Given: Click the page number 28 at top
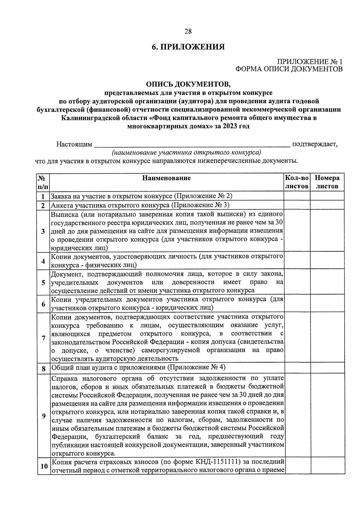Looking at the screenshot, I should (x=188, y=31).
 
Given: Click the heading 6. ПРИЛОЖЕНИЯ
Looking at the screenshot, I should (x=188, y=47).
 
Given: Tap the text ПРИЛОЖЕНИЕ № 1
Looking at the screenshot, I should (x=310, y=62).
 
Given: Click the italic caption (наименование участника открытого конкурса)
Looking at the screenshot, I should (x=186, y=152).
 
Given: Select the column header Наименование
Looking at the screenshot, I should (x=166, y=178).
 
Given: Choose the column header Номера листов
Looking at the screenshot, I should (x=327, y=182).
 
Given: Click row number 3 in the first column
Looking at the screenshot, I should (x=43, y=231).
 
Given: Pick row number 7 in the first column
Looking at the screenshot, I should (x=43, y=338).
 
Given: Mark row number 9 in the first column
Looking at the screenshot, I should (x=43, y=416).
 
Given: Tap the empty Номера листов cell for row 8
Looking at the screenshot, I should (x=327, y=367).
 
